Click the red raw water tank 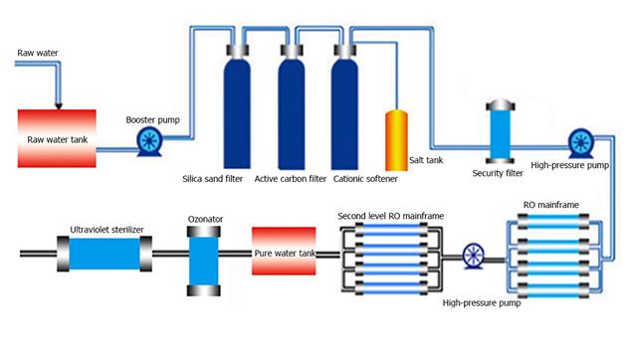(x=57, y=138)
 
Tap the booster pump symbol (x=149, y=141)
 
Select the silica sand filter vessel (x=237, y=106)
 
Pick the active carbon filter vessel (x=292, y=106)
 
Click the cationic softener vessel (x=344, y=106)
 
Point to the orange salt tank (x=396, y=140)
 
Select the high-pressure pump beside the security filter (x=581, y=142)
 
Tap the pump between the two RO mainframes (x=474, y=256)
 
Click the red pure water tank (x=284, y=251)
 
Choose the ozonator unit (x=204, y=262)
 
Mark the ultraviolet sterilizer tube (x=104, y=254)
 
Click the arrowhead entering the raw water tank (x=59, y=106)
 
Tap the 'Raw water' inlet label (x=38, y=53)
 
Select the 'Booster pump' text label (x=152, y=120)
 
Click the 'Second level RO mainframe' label (x=390, y=216)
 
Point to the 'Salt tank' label (x=426, y=160)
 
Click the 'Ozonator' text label (x=205, y=219)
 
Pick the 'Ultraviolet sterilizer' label (x=106, y=230)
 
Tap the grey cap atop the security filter (x=501, y=105)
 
